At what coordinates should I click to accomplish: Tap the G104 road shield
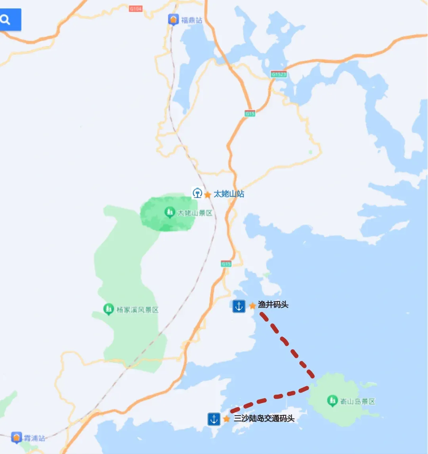[x=136, y=9]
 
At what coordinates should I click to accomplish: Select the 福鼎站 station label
[x=192, y=20]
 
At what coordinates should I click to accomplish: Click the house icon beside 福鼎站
[x=173, y=19]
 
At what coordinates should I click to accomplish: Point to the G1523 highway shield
[x=279, y=74]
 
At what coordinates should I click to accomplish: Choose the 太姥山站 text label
[x=229, y=194]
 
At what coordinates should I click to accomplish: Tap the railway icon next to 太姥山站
[x=197, y=193]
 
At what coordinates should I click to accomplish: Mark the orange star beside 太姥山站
[x=208, y=195]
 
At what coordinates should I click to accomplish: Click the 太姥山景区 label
[x=195, y=213]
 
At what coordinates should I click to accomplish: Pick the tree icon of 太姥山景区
[x=170, y=213]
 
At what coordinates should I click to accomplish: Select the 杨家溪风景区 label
[x=138, y=310]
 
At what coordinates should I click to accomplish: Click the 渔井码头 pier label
[x=273, y=305]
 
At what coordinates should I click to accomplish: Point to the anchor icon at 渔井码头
[x=239, y=306]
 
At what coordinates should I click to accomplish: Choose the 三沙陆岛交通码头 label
[x=264, y=418]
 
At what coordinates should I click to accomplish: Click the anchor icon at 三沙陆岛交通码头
[x=214, y=419]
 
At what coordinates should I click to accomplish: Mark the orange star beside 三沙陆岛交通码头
[x=227, y=419]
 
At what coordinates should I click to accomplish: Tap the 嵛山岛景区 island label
[x=357, y=401]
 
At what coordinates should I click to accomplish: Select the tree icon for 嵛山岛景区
[x=332, y=401]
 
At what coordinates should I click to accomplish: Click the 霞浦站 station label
[x=34, y=438]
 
